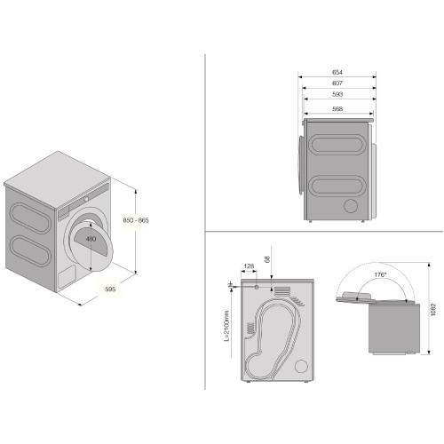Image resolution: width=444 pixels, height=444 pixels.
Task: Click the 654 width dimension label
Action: pos(337,72)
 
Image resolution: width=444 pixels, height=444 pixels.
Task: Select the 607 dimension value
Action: pos(337,83)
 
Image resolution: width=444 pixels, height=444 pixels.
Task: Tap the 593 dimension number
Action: pos(337,94)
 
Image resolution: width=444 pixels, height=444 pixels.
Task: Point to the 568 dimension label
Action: pos(337,108)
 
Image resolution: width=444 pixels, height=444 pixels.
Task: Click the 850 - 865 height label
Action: pos(136,220)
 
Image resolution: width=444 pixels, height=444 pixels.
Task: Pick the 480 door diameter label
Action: pos(91,239)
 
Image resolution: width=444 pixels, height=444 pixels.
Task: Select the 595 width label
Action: pos(110,289)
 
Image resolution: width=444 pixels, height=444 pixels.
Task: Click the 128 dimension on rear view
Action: pos(249,266)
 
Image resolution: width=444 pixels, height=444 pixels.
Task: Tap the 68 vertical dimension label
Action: pos(267,259)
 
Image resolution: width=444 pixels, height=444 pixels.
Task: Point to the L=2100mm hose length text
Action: pos(226,326)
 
